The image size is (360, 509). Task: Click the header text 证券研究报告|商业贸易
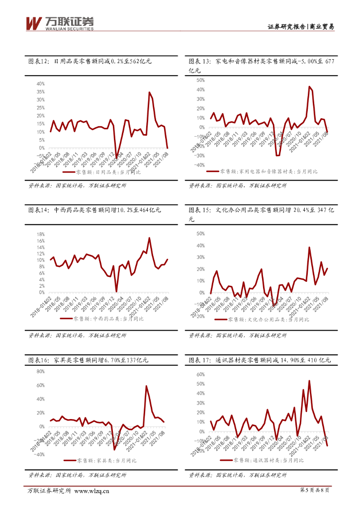click(300, 27)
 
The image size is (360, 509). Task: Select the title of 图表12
click(90, 62)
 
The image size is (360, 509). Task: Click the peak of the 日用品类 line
click(149, 92)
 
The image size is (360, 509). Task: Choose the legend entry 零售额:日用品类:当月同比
click(102, 172)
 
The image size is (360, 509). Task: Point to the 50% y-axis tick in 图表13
click(201, 80)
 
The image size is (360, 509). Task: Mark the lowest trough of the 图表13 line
click(278, 156)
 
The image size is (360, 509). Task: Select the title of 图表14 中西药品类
click(94, 210)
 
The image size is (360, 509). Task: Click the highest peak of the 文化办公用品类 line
click(309, 247)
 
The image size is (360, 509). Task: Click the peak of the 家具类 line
click(146, 386)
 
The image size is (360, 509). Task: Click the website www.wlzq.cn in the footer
click(91, 492)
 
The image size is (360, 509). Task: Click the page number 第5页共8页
click(316, 491)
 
